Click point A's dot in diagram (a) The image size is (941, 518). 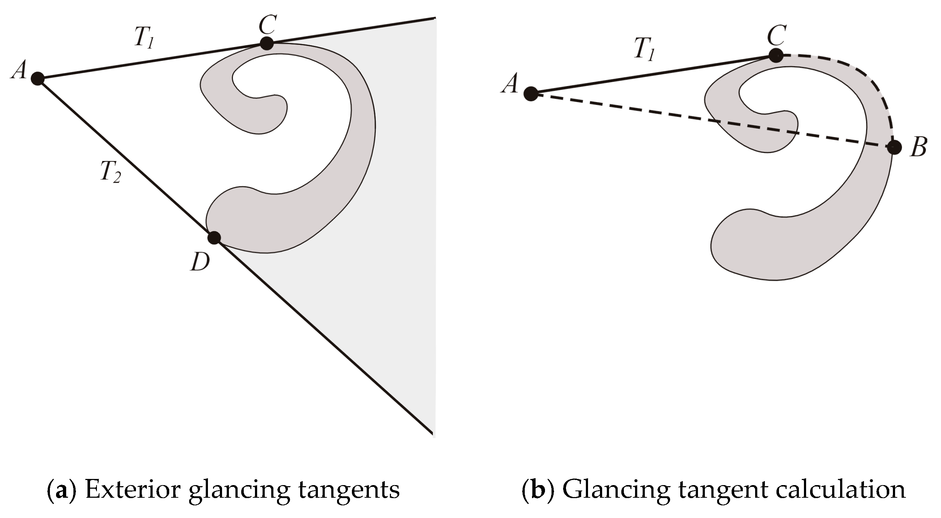[37, 78]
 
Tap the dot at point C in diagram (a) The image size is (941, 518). [267, 43]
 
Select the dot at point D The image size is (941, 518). [214, 238]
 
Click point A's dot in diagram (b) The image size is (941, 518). [531, 94]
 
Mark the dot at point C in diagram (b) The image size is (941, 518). [776, 56]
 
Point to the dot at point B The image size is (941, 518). [894, 148]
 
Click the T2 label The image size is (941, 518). [110, 172]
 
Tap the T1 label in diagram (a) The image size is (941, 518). [144, 38]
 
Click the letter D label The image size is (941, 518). [200, 262]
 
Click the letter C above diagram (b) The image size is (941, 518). [776, 35]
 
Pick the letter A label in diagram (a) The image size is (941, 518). [19, 70]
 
